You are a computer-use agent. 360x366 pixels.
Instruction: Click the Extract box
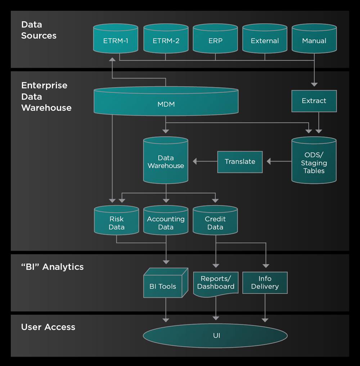[x=314, y=101]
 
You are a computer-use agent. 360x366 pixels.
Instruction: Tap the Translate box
[x=240, y=162]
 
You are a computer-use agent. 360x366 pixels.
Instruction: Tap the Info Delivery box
[x=265, y=283]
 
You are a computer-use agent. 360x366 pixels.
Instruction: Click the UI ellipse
[x=215, y=336]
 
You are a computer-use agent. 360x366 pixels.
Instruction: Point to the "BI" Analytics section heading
[x=52, y=267]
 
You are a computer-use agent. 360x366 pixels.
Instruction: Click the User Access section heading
[x=48, y=327]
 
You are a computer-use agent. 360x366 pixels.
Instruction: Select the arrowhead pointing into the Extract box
[x=314, y=84]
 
